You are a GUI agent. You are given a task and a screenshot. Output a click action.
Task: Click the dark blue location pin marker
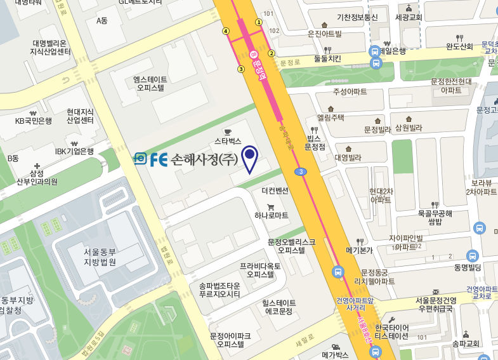(x=251, y=158)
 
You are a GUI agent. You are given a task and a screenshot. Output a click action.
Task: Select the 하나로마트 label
(x=271, y=216)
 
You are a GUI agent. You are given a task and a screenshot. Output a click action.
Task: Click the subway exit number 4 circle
(x=226, y=30)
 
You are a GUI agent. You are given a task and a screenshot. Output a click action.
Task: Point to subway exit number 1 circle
(x=258, y=22)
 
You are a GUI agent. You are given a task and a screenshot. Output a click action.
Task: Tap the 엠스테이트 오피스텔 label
(x=151, y=84)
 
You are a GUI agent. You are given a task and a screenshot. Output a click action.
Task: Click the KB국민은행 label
(x=34, y=121)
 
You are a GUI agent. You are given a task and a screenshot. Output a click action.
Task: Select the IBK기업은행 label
(x=74, y=151)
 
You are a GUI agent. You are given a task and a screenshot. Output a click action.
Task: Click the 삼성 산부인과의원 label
(x=37, y=177)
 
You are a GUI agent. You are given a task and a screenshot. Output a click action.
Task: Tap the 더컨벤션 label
(x=275, y=190)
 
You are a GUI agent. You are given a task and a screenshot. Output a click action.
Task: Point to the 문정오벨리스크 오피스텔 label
(x=291, y=246)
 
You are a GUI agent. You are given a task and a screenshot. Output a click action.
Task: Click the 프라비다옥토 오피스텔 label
(x=260, y=270)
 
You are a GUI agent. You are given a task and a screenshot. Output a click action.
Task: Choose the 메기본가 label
(x=358, y=250)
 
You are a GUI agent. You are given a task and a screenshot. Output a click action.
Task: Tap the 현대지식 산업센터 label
(x=80, y=116)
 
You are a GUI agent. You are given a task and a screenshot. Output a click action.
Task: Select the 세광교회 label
(x=408, y=17)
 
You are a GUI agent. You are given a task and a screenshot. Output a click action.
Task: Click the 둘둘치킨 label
(x=327, y=59)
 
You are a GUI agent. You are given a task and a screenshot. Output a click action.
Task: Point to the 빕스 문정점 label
(x=314, y=142)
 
